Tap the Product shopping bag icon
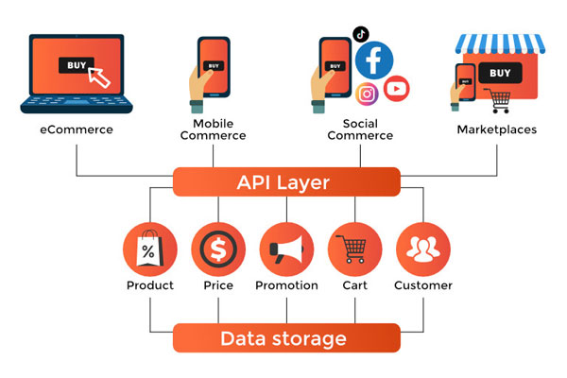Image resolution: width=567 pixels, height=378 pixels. click(149, 249)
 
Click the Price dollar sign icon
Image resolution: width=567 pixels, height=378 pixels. click(217, 249)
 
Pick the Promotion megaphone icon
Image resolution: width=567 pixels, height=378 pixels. click(286, 249)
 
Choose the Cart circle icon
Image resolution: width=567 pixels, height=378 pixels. click(354, 249)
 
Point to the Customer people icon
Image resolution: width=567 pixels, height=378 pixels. click(422, 249)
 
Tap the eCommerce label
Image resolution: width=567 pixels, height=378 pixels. click(77, 129)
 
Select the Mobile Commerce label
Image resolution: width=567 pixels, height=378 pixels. click(219, 129)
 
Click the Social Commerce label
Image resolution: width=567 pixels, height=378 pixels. click(360, 129)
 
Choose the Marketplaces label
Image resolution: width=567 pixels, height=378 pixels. click(497, 129)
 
